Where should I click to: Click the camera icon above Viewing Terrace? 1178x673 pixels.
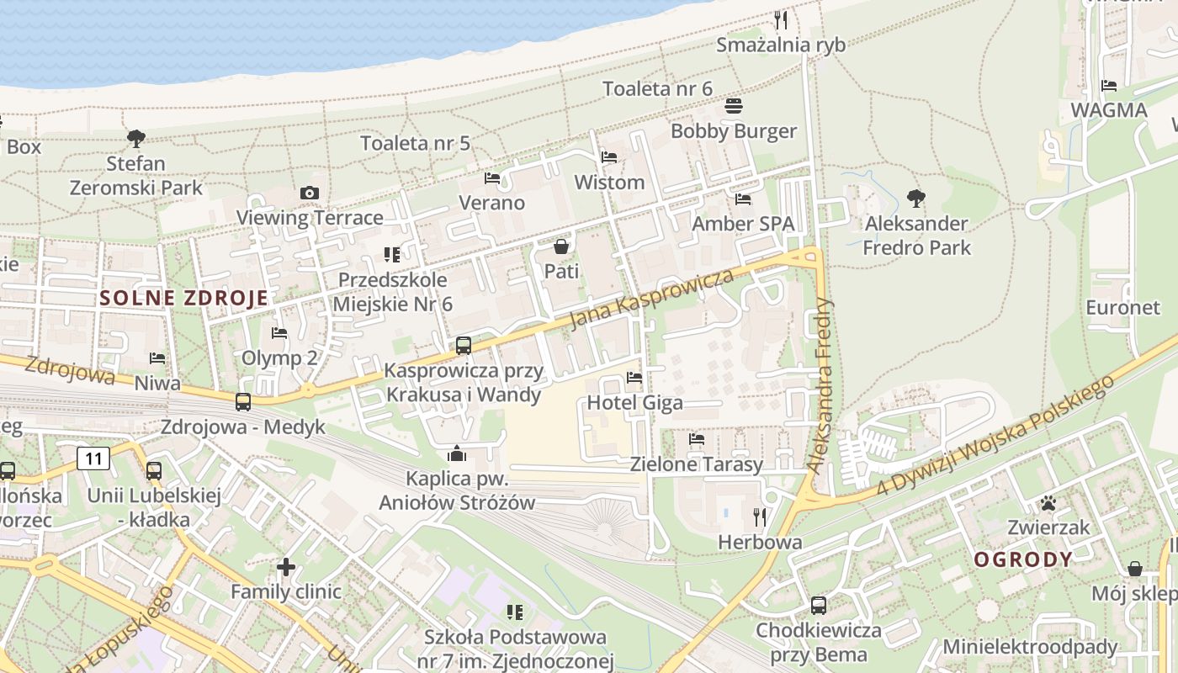310,193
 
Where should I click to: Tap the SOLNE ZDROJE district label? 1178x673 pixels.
184,298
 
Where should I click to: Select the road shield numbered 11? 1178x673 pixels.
93,458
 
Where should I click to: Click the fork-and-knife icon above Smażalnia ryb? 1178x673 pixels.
781,20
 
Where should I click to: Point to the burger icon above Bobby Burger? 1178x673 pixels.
734,106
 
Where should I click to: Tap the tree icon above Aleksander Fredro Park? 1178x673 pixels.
916,199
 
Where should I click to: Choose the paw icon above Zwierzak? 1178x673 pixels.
1048,503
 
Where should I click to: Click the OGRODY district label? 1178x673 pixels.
1023,559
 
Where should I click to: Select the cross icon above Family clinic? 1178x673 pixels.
286,567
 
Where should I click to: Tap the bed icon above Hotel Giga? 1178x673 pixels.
634,378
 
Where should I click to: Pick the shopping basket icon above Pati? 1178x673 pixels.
561,246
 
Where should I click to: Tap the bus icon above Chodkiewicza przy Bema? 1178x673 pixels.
818,605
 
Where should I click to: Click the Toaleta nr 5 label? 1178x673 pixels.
416,143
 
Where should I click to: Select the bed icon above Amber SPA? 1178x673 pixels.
743,199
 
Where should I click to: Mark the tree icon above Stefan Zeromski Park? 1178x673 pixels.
135,138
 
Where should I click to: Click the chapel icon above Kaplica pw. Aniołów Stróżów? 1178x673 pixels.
457,454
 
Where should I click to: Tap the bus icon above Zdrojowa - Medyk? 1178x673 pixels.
243,402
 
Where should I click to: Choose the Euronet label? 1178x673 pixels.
1122,307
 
